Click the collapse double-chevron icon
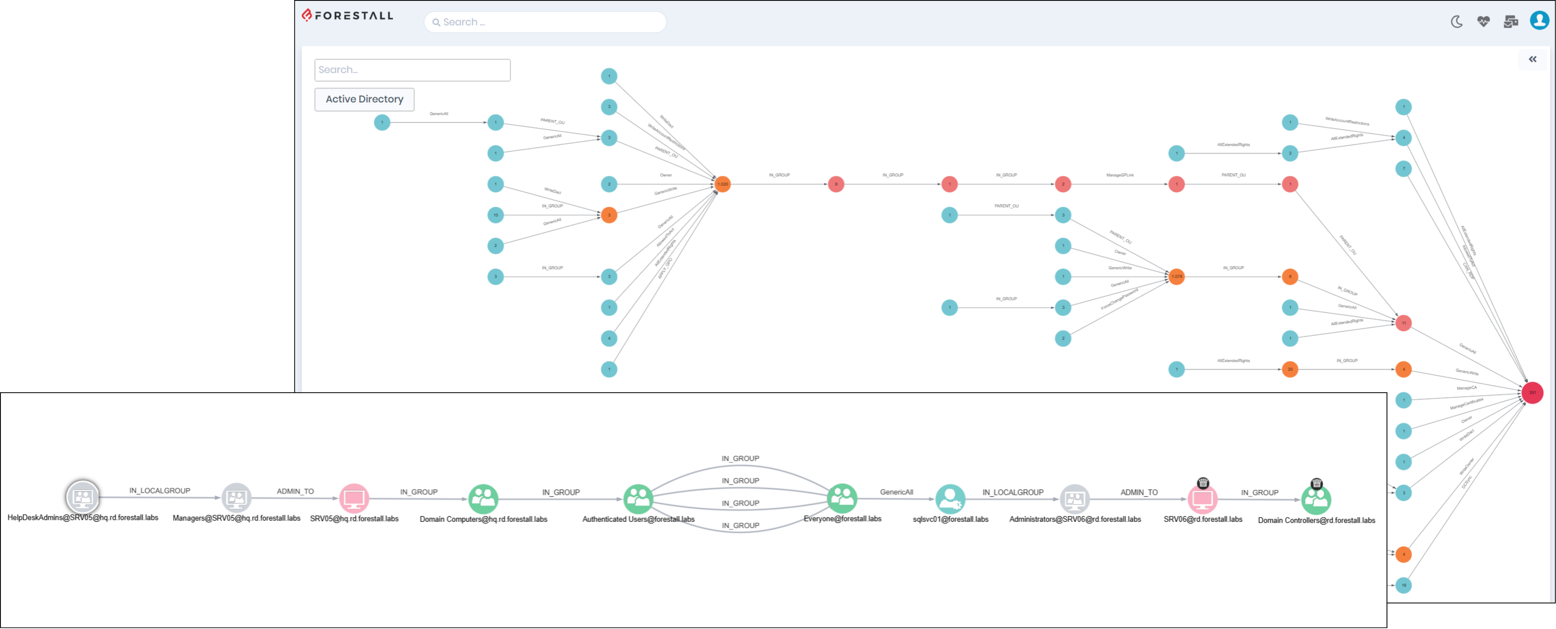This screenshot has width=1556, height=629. [x=1532, y=59]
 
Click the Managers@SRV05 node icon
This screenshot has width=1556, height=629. [x=236, y=498]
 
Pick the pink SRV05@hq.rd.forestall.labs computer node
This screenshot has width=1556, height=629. [x=354, y=499]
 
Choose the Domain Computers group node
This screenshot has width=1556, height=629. [x=483, y=499]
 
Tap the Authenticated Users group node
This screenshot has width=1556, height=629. [x=638, y=499]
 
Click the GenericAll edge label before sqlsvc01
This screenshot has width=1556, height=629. [x=896, y=492]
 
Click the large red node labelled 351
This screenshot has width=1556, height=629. [x=1532, y=393]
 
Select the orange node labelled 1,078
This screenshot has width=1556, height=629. [x=1177, y=277]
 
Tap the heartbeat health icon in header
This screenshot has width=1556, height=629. [x=1484, y=22]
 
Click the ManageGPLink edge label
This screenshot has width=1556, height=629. [x=1120, y=175]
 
